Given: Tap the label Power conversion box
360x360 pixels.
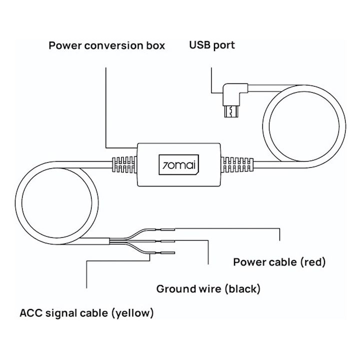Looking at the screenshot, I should (x=106, y=46).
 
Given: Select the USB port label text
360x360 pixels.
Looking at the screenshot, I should (x=211, y=45).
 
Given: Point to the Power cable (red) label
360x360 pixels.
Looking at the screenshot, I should (x=279, y=262).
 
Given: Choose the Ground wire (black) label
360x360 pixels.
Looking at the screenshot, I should (x=208, y=288).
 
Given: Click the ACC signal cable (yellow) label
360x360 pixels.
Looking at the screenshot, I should (x=86, y=313).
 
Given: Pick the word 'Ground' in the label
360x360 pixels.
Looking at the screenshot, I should (x=176, y=288).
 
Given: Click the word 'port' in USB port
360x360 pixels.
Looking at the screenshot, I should (x=223, y=46).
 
